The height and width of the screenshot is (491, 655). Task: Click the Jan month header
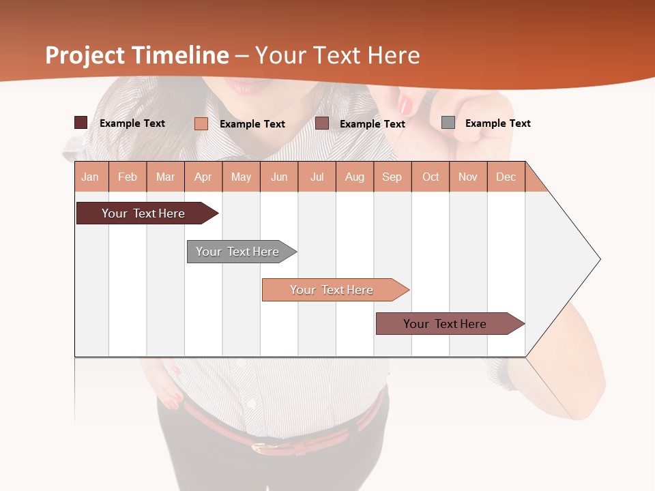tap(90, 177)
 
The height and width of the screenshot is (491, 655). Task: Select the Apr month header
tap(203, 177)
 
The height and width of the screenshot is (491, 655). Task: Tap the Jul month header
tap(317, 177)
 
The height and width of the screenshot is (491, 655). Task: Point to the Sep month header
tap(392, 177)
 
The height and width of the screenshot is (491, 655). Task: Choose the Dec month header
tap(506, 177)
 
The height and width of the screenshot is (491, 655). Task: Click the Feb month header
tap(128, 177)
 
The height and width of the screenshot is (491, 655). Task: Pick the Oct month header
tap(431, 177)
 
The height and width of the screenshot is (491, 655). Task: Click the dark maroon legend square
tap(81, 123)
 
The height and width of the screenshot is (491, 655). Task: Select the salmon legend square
tap(201, 123)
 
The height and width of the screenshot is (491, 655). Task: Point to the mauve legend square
tap(322, 123)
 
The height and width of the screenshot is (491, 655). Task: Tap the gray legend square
tap(448, 123)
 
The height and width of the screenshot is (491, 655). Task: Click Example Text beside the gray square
tap(497, 123)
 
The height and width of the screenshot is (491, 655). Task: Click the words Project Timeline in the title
tap(137, 55)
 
